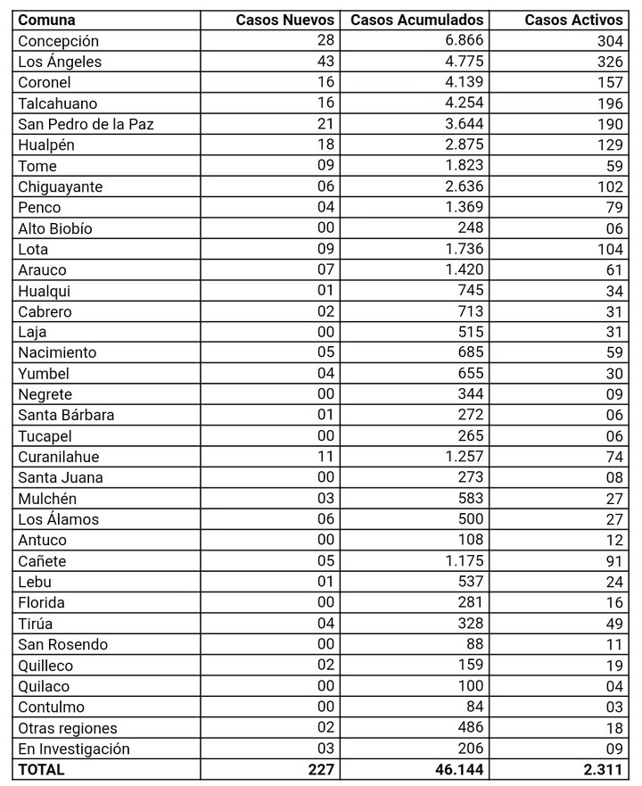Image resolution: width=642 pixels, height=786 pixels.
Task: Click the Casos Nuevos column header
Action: click(x=285, y=20)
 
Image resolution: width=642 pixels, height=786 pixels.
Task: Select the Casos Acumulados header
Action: click(x=417, y=20)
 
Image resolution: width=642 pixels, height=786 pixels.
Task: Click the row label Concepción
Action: click(x=59, y=41)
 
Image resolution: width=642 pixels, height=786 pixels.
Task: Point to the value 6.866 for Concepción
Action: click(x=464, y=41)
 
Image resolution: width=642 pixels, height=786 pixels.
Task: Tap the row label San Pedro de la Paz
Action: click(x=86, y=124)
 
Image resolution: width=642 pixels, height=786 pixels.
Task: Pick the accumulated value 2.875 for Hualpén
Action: click(x=464, y=145)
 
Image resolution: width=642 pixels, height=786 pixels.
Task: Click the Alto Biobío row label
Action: click(x=55, y=228)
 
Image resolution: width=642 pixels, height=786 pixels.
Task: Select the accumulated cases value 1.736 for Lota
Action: click(x=464, y=248)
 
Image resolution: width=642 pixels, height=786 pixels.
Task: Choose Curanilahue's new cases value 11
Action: click(x=325, y=456)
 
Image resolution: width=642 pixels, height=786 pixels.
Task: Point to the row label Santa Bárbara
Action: click(x=66, y=415)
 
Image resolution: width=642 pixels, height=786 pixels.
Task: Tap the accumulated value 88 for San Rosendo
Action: click(x=473, y=644)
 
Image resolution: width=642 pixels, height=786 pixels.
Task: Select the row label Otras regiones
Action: click(x=68, y=728)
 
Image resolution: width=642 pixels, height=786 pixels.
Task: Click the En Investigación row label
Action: click(x=74, y=749)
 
